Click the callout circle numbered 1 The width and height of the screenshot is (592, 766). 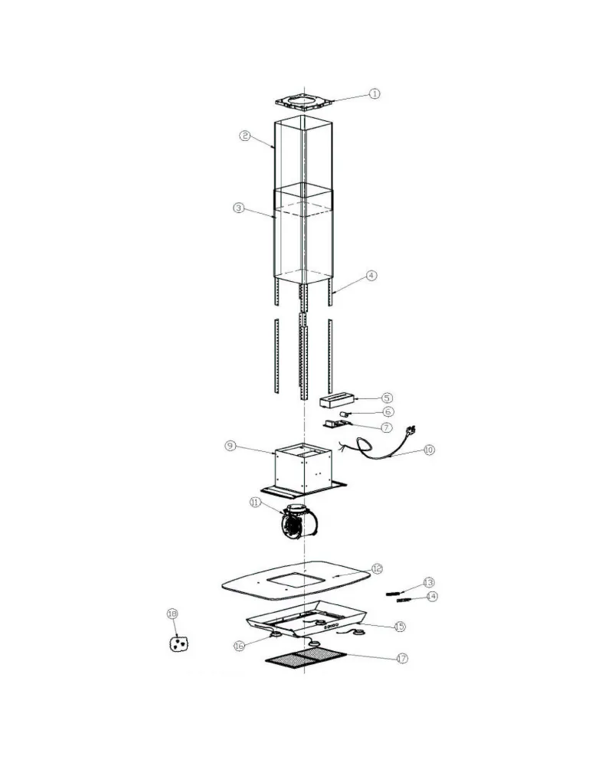pos(374,93)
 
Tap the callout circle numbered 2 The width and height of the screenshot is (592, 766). pos(245,136)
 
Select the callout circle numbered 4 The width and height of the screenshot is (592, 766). pos(371,276)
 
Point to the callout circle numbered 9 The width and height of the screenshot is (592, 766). pos(231,446)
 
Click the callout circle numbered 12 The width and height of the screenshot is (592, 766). pos(377,568)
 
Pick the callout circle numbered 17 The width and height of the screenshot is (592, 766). pos(401,659)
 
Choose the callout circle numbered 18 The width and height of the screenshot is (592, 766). pos(172,614)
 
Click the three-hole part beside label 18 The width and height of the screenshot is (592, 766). pos(178,644)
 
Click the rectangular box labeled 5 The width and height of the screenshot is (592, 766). pos(336,401)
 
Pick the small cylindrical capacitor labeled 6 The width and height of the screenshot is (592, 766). pos(346,414)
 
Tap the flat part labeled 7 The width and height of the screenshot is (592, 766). pos(336,424)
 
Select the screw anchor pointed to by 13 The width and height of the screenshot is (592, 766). pos(393,593)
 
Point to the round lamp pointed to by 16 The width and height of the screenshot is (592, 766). pos(274,634)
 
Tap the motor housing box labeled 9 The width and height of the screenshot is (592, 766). pos(303,468)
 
